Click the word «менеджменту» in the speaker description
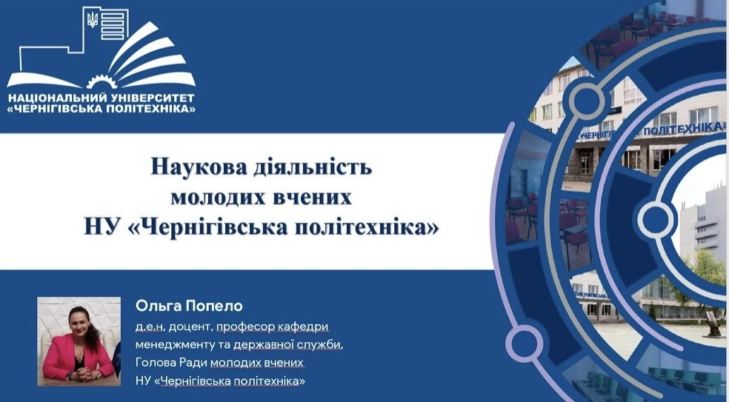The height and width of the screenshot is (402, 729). (172, 345)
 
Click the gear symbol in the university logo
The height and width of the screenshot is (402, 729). (101, 81)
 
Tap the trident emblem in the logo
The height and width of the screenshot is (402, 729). (93, 19)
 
